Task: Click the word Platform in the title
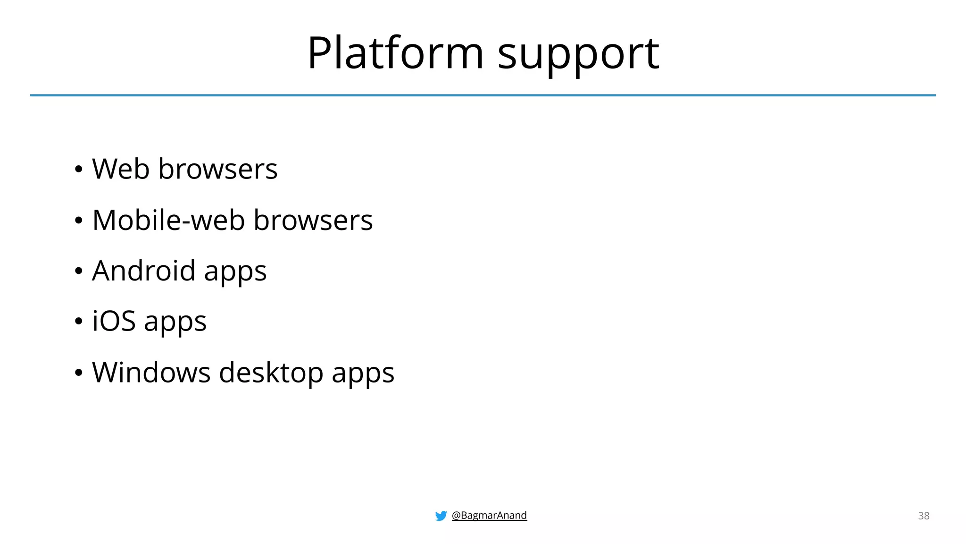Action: pos(395,53)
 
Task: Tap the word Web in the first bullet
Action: pos(121,169)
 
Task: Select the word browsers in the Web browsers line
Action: pos(217,169)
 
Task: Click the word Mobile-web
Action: pos(168,220)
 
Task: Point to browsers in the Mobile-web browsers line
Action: pos(313,220)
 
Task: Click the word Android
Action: pos(143,271)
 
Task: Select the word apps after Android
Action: pos(235,273)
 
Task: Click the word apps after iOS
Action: pos(175,323)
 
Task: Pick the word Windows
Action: pos(151,372)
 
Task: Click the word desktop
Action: pos(271,372)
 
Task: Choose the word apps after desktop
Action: pos(363,374)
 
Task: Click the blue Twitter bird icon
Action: pos(441,516)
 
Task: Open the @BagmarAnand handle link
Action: pos(489,515)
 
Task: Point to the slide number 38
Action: pos(924,516)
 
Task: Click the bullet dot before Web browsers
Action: pos(79,169)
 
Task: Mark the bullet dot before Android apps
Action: pos(79,272)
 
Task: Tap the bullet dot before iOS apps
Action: pos(79,322)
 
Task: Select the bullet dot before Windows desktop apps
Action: pos(79,373)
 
